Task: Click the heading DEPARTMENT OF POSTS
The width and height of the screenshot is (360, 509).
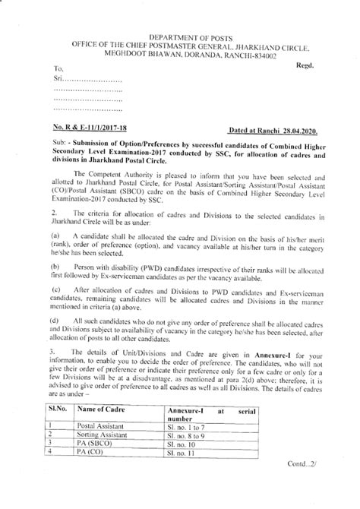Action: (x=179, y=36)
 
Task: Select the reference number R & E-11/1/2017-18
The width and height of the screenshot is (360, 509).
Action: (x=99, y=131)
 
